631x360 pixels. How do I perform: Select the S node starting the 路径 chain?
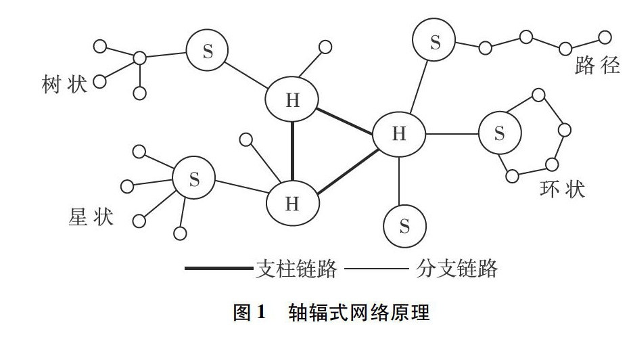(x=435, y=43)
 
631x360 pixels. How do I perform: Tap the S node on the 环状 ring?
(x=500, y=133)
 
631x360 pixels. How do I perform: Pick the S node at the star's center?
(x=194, y=179)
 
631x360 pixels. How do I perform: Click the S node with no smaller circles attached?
(x=404, y=226)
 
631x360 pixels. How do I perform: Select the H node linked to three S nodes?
(x=399, y=133)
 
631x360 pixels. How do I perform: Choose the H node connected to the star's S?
(x=292, y=203)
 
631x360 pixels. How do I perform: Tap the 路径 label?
(x=597, y=66)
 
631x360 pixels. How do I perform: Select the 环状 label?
(x=562, y=189)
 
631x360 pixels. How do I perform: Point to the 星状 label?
(x=91, y=217)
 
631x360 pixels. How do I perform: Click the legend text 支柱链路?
(x=296, y=269)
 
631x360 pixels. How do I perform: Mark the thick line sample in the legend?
(x=218, y=269)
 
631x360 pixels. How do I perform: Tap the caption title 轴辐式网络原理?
(x=358, y=313)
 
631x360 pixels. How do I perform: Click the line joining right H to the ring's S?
(x=452, y=133)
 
